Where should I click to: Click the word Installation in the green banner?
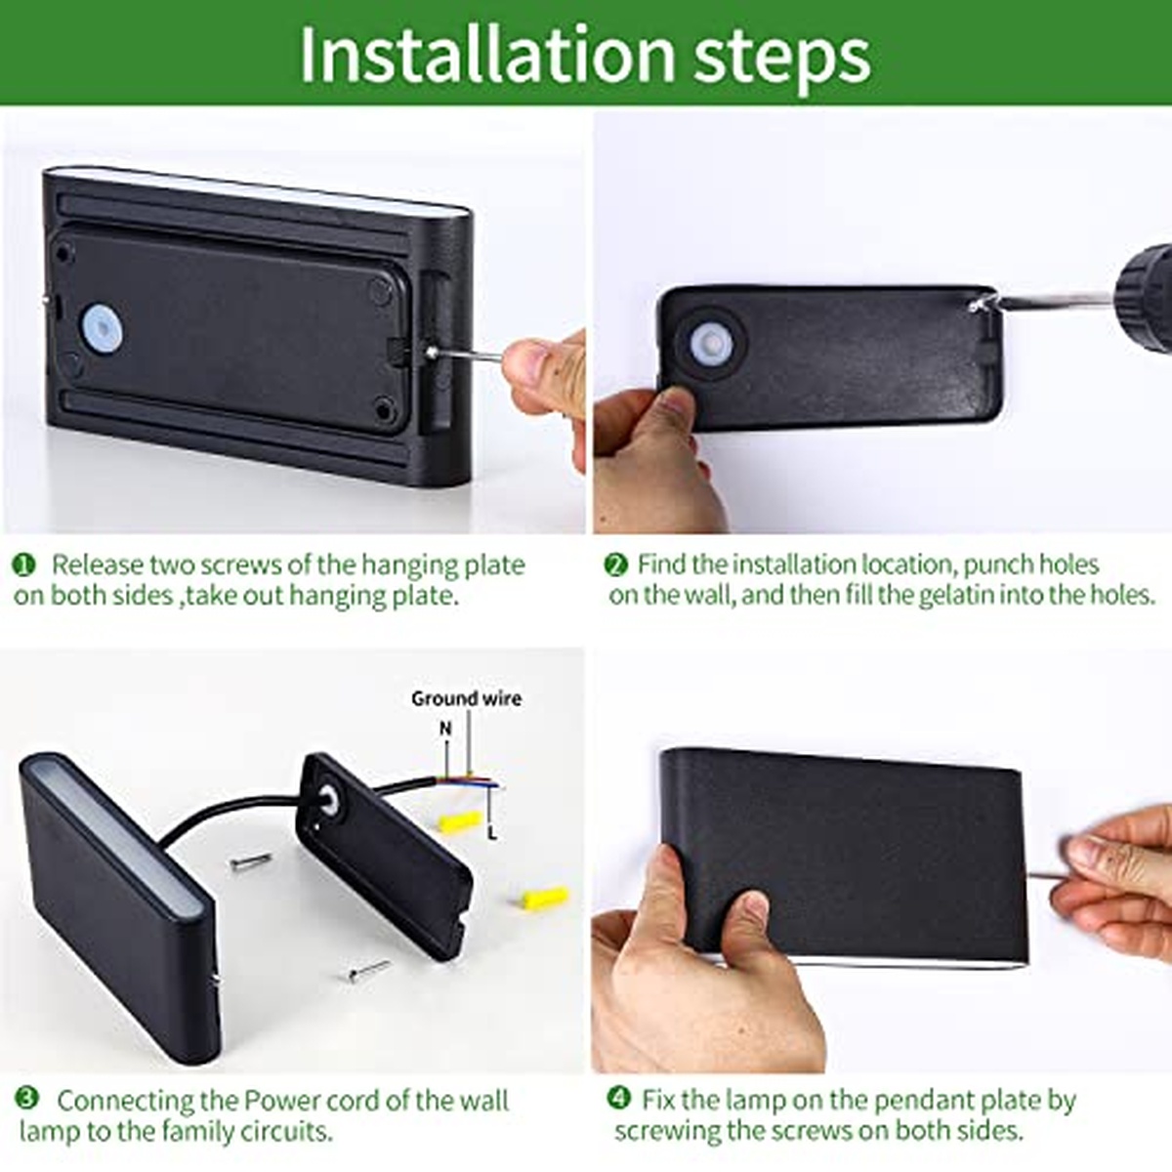click(x=487, y=55)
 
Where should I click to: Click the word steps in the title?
click(x=782, y=61)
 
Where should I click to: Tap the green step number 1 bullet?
click(x=23, y=565)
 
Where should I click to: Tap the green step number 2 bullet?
click(x=615, y=565)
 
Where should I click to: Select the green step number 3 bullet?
click(x=27, y=1098)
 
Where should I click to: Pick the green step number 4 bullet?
click(x=618, y=1098)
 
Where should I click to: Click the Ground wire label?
click(x=467, y=699)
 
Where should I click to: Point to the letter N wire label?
click(x=445, y=728)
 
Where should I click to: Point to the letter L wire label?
click(x=492, y=834)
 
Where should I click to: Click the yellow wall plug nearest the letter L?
click(x=460, y=822)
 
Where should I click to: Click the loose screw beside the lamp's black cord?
click(x=251, y=860)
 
